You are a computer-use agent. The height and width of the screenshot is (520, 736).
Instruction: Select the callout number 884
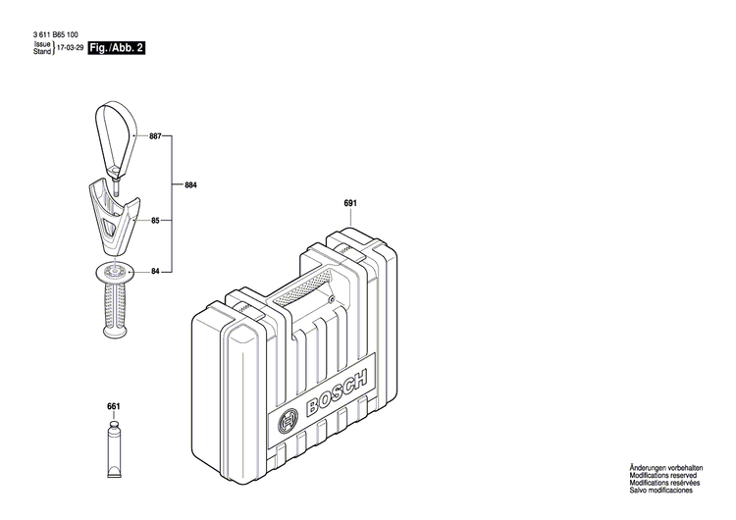pyautogui.click(x=190, y=183)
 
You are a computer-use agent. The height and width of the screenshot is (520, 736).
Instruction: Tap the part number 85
pyautogui.click(x=155, y=223)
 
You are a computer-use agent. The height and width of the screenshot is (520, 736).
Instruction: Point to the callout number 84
pyautogui.click(x=155, y=271)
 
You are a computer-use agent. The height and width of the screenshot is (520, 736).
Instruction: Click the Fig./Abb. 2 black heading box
pyautogui.click(x=117, y=47)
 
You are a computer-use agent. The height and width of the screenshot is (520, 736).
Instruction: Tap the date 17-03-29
pyautogui.click(x=70, y=47)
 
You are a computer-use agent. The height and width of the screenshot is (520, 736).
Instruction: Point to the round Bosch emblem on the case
pyautogui.click(x=289, y=423)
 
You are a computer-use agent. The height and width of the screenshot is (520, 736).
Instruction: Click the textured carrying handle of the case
pyautogui.click(x=304, y=288)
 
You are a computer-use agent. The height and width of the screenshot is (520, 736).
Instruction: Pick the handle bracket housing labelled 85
pyautogui.click(x=114, y=210)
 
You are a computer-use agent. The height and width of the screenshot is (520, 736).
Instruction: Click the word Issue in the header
pyautogui.click(x=41, y=44)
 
